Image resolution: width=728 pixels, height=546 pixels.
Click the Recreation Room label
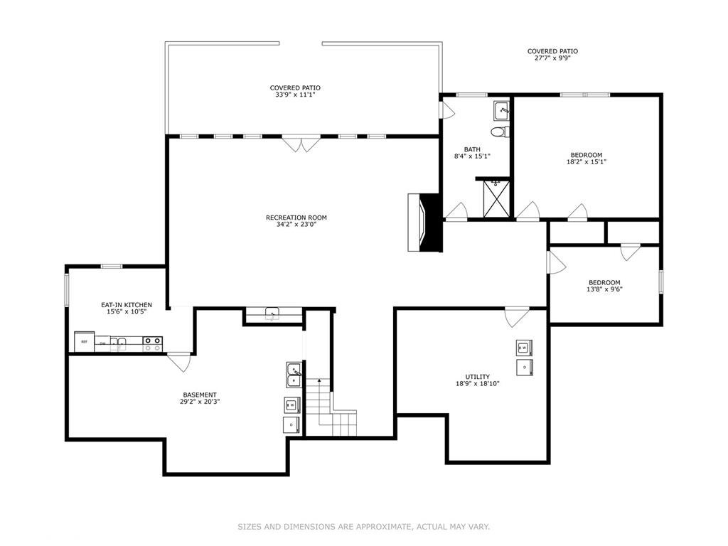(x=296, y=218)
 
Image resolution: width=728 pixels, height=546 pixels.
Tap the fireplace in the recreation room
(x=424, y=222)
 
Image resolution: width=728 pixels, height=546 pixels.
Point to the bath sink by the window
(x=502, y=110)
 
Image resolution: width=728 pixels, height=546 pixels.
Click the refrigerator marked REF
(x=85, y=342)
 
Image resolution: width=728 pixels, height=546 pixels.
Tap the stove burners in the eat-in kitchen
(x=152, y=344)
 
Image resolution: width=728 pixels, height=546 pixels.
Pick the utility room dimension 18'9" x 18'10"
(x=478, y=383)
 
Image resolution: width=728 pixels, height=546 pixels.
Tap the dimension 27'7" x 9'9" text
(x=552, y=58)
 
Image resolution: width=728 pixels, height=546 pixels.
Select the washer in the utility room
(x=523, y=348)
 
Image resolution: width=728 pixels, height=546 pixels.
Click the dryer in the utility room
(x=524, y=366)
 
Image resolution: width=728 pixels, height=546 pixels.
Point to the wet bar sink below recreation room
(x=272, y=314)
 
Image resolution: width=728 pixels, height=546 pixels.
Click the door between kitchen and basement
(x=178, y=361)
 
